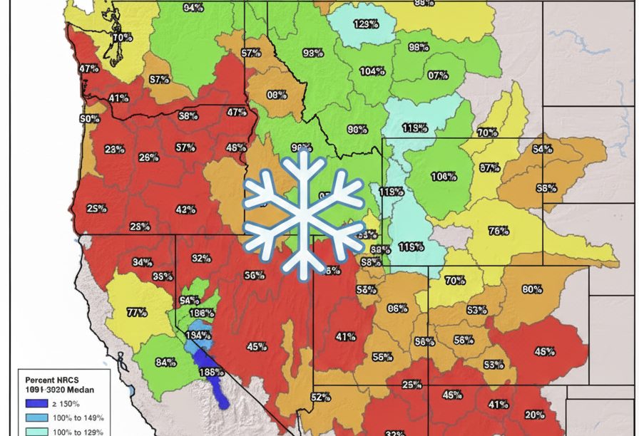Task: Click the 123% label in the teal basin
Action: point(366,24)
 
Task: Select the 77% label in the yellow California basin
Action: point(136,312)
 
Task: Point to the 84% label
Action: point(165,363)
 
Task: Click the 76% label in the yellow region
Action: point(499,231)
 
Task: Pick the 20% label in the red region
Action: point(535,415)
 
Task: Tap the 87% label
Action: point(489,168)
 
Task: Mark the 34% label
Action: point(142,262)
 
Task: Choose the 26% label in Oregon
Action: point(149,157)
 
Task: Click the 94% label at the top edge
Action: point(193,8)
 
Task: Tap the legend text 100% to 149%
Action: point(78,417)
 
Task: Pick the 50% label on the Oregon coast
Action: point(90,119)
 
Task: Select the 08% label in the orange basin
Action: point(277,94)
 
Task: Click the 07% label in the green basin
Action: point(438,75)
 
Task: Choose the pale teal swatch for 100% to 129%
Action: point(32,431)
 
